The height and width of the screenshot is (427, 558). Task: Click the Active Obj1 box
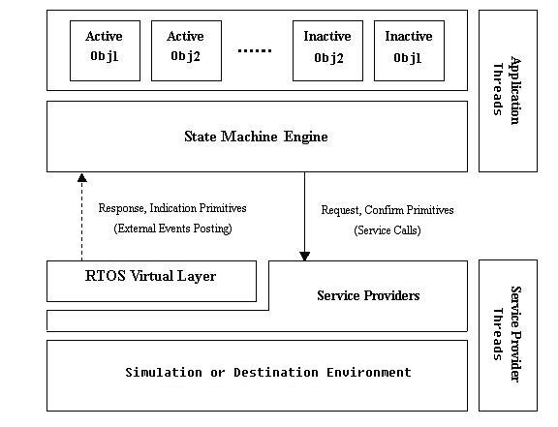click(x=105, y=50)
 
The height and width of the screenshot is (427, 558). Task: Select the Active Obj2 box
click(x=186, y=50)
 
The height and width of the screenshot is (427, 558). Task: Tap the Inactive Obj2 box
click(x=327, y=50)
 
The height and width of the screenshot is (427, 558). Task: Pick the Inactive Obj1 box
click(x=409, y=50)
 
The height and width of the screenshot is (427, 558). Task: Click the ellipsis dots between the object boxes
click(x=255, y=51)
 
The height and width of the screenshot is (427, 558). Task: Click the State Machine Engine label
click(x=256, y=137)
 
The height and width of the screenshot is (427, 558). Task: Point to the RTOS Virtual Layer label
click(x=150, y=276)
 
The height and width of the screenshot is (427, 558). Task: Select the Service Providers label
click(x=368, y=295)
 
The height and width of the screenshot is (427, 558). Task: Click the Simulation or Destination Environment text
click(x=268, y=373)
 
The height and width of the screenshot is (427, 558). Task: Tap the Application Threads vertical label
click(x=507, y=90)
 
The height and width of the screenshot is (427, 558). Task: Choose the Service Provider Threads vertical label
click(x=507, y=334)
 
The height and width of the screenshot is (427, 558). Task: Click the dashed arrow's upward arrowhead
click(x=82, y=177)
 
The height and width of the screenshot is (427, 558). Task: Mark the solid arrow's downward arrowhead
click(x=304, y=257)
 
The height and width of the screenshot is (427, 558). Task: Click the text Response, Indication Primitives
click(x=172, y=208)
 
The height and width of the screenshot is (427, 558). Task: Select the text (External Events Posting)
click(x=173, y=229)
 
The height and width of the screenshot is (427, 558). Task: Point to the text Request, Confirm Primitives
click(x=387, y=210)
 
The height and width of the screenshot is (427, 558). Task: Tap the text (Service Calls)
click(x=387, y=230)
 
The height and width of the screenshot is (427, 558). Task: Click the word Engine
click(x=306, y=137)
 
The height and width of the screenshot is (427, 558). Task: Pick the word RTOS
click(x=105, y=276)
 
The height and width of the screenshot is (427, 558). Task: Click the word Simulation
click(x=164, y=373)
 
